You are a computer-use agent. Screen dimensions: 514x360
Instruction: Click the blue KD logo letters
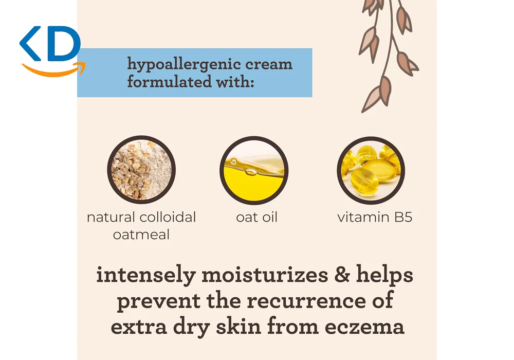click(50, 44)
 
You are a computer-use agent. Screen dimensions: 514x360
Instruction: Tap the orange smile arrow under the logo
click(54, 70)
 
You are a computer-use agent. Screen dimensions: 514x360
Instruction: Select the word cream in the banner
click(269, 64)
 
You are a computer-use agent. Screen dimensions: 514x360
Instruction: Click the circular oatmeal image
click(141, 170)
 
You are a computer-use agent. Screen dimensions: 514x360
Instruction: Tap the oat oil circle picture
click(254, 170)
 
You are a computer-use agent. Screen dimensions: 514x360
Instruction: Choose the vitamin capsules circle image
click(371, 170)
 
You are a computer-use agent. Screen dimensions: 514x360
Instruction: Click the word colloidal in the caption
click(168, 217)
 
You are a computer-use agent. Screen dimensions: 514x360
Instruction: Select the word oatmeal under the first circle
click(141, 235)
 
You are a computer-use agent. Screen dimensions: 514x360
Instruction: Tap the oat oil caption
click(256, 217)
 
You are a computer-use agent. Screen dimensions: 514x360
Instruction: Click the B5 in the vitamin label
click(403, 217)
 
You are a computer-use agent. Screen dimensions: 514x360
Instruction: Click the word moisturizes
click(265, 275)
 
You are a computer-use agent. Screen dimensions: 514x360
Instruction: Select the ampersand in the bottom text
click(342, 275)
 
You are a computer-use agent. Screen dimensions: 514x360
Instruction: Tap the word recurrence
click(306, 301)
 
